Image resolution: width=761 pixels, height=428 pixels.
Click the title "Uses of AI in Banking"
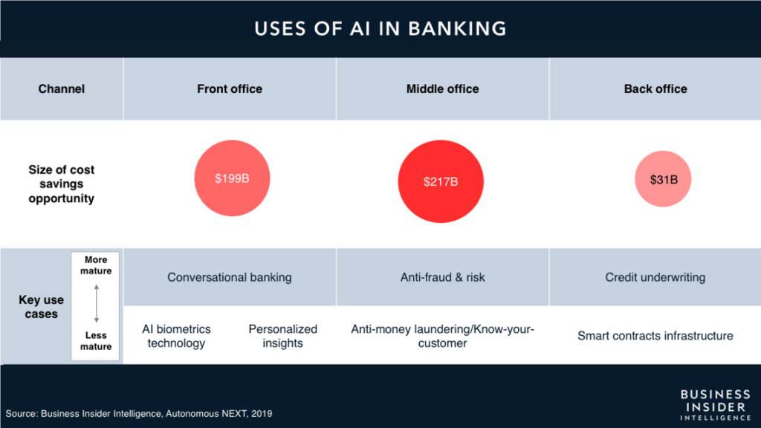380,29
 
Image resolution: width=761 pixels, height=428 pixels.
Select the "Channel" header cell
62,89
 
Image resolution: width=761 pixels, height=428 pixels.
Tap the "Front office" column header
230,89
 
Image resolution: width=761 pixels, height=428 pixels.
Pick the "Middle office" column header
443,89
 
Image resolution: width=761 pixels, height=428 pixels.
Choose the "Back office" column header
655,89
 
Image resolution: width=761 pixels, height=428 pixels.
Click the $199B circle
232,178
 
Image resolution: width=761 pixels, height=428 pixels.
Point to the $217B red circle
441,181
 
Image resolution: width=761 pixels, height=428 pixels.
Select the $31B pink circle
663,179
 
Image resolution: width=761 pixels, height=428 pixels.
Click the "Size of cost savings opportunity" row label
61,184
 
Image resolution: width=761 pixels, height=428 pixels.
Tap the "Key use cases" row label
42,307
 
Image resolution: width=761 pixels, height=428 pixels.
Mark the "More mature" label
96,265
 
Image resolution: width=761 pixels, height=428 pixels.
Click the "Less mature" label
96,340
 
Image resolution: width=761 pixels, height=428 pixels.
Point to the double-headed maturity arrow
97,304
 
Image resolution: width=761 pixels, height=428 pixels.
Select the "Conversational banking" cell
230,277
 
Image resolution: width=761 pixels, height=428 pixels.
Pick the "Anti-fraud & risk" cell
443,277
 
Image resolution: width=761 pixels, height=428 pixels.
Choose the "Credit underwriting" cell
655,277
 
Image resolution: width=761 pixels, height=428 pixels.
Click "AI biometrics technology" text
176,336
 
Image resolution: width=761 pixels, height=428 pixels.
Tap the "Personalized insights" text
283,336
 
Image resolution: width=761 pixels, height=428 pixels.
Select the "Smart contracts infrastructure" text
655,336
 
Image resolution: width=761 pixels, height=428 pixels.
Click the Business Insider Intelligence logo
716,405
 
